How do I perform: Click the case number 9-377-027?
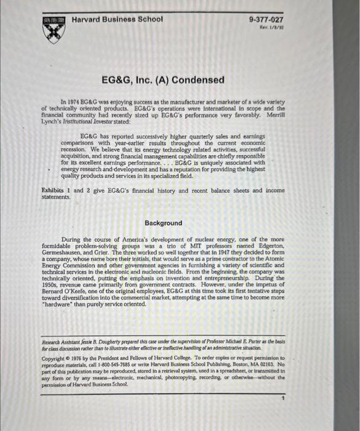pos(266,20)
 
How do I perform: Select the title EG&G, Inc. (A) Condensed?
pos(163,80)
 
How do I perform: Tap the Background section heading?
pos(163,223)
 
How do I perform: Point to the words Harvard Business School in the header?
pos(117,18)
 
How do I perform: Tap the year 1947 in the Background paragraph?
pos(222,252)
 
